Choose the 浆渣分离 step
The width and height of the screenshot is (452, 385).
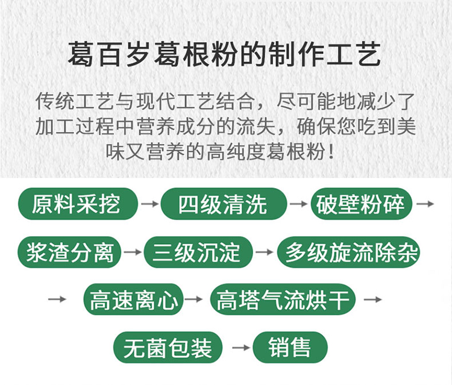pos(71,251)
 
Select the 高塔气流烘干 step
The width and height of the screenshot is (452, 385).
pos(283,299)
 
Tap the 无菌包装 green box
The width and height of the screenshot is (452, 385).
pos(167,348)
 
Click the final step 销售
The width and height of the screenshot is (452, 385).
pos(290,348)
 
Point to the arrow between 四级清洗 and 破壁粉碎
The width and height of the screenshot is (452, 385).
pos(298,204)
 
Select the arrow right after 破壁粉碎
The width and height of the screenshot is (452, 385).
pos(425,204)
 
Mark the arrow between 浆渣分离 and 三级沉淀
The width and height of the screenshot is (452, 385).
pos(134,252)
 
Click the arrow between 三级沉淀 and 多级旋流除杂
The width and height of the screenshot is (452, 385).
pos(264,252)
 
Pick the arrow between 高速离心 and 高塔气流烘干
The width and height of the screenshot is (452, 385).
pos(194,299)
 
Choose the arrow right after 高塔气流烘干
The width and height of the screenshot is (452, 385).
pos(373,299)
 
